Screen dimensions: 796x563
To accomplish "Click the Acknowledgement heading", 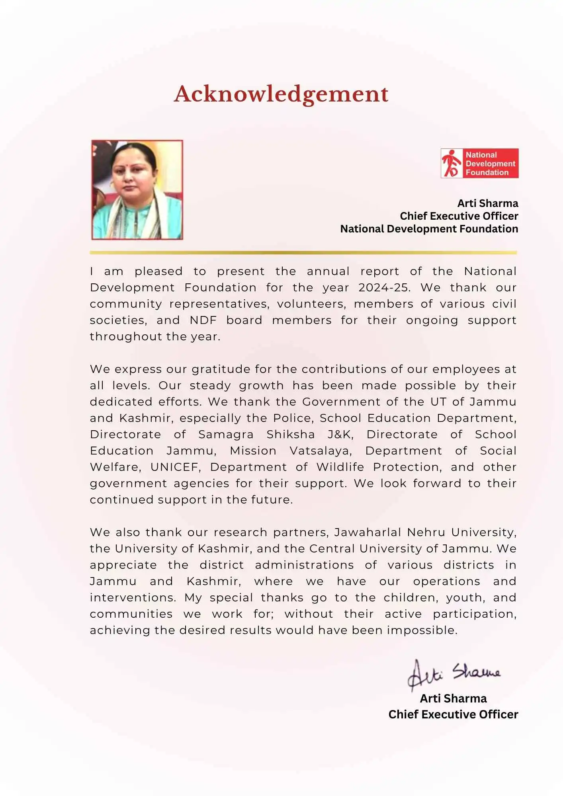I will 281,94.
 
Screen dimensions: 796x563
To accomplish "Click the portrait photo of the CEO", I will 137,189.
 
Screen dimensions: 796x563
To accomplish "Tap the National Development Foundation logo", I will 479,163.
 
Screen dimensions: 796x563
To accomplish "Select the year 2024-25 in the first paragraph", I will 383,287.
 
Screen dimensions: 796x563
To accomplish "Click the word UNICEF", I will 175,467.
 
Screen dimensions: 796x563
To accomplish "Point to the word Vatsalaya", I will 321,451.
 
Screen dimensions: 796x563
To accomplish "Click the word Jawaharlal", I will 367,532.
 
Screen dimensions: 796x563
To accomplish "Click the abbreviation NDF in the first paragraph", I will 203,320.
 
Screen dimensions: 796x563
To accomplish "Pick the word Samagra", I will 226,434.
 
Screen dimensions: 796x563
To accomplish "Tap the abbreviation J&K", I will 340,434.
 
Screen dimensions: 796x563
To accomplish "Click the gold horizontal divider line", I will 303,252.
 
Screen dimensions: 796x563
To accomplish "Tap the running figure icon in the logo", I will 452,163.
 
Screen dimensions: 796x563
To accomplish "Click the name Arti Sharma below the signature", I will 453,698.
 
